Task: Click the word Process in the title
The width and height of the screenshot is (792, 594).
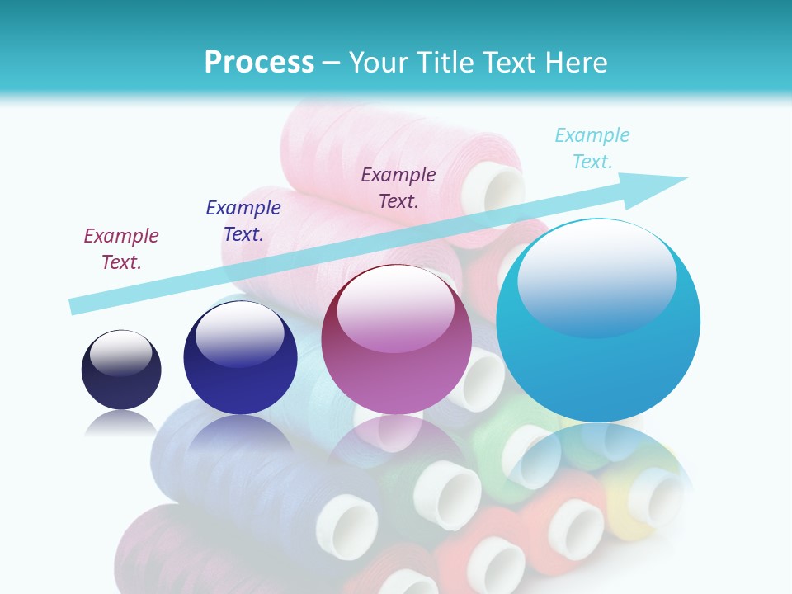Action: [259, 63]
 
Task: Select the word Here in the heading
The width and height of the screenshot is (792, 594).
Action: [576, 63]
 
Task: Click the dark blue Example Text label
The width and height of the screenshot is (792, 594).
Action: [243, 221]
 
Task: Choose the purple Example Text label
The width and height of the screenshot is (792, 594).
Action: [398, 187]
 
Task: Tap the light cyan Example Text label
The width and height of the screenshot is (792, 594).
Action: [592, 148]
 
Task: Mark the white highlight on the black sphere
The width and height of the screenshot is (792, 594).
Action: [120, 352]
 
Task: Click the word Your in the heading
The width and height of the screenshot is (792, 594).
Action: [379, 63]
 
